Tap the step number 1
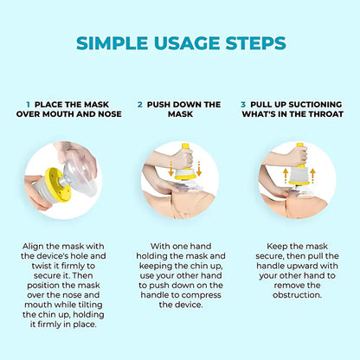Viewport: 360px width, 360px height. (28, 105)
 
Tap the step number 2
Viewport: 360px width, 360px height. (140, 105)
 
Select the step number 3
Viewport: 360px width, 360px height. (243, 105)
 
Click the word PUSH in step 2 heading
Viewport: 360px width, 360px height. (159, 105)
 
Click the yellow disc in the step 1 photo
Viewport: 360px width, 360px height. (59, 184)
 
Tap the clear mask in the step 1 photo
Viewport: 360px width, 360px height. (80, 175)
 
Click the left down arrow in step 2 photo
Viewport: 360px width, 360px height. (171, 169)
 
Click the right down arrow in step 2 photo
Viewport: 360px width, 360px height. (199, 169)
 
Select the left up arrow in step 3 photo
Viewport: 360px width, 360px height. (286, 176)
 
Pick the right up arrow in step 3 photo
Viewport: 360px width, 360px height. (312, 176)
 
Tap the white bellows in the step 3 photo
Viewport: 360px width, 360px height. (299, 174)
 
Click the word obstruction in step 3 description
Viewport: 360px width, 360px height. (297, 295)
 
